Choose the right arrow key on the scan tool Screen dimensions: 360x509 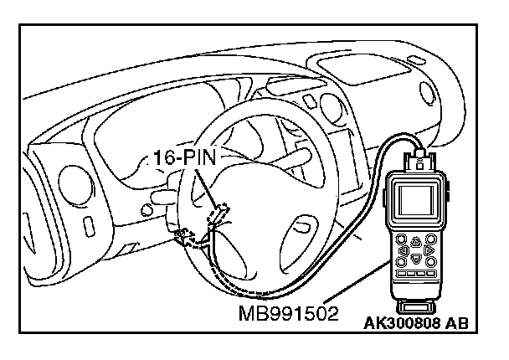[428, 249]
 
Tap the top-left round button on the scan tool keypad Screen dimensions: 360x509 [404, 237]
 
